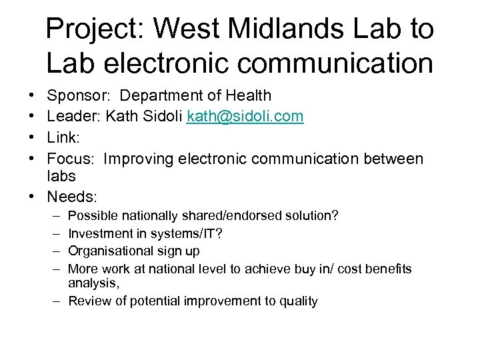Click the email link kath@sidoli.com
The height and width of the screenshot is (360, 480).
[x=245, y=117]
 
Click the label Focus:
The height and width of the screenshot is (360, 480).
[x=71, y=159]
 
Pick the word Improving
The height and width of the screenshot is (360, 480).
[x=141, y=159]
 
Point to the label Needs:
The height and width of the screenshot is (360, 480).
[x=72, y=197]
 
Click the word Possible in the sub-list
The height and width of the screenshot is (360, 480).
[x=90, y=216]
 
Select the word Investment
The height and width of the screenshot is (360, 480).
[x=98, y=233]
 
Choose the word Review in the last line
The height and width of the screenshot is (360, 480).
[x=87, y=301]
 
